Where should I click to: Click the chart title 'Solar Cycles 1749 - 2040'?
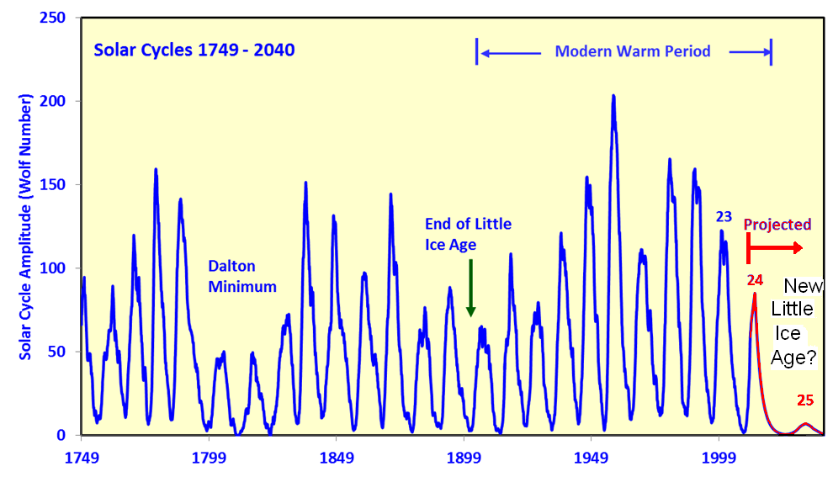pyautogui.click(x=194, y=50)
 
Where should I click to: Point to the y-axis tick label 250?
pyautogui.click(x=54, y=18)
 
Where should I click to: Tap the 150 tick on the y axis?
pyautogui.click(x=54, y=185)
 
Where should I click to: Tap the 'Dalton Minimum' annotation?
pyautogui.click(x=242, y=277)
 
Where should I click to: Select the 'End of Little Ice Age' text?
pyautogui.click(x=468, y=235)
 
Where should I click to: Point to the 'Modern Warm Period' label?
pyautogui.click(x=633, y=51)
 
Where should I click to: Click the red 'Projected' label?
pyautogui.click(x=777, y=225)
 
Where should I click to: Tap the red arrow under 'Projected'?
pyautogui.click(x=775, y=247)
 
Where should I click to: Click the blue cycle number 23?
pyautogui.click(x=724, y=216)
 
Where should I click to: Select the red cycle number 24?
pyautogui.click(x=755, y=280)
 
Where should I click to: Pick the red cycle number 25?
pyautogui.click(x=805, y=400)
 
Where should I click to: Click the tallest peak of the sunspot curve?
pyautogui.click(x=613, y=96)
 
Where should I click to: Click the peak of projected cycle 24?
pyautogui.click(x=755, y=294)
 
